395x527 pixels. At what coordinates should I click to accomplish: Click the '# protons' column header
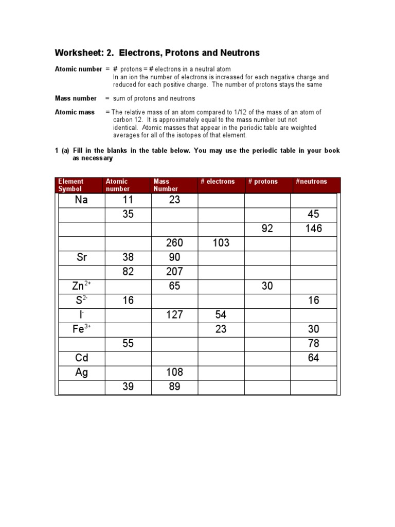click(x=263, y=182)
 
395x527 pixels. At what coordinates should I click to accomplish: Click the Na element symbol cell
click(x=81, y=200)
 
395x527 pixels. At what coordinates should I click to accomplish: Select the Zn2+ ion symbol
click(x=82, y=286)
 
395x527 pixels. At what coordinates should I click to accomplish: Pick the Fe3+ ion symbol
click(x=82, y=329)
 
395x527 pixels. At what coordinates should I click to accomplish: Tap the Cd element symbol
click(x=81, y=358)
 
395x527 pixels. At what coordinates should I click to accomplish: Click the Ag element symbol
click(x=81, y=372)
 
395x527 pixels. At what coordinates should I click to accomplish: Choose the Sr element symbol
click(x=81, y=257)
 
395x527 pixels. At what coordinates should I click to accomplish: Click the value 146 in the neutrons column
click(x=313, y=229)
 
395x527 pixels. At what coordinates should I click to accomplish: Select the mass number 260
click(x=174, y=243)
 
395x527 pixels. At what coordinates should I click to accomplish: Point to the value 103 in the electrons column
click(x=221, y=243)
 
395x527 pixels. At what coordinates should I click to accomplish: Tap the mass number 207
click(x=174, y=272)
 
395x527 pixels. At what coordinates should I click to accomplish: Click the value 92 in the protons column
click(x=267, y=229)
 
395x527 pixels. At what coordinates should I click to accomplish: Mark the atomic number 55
click(x=128, y=343)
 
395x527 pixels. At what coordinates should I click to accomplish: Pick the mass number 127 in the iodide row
click(x=174, y=314)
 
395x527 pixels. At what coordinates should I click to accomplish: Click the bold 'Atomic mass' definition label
click(x=75, y=112)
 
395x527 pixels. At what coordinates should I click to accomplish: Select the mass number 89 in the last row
click(x=174, y=387)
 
